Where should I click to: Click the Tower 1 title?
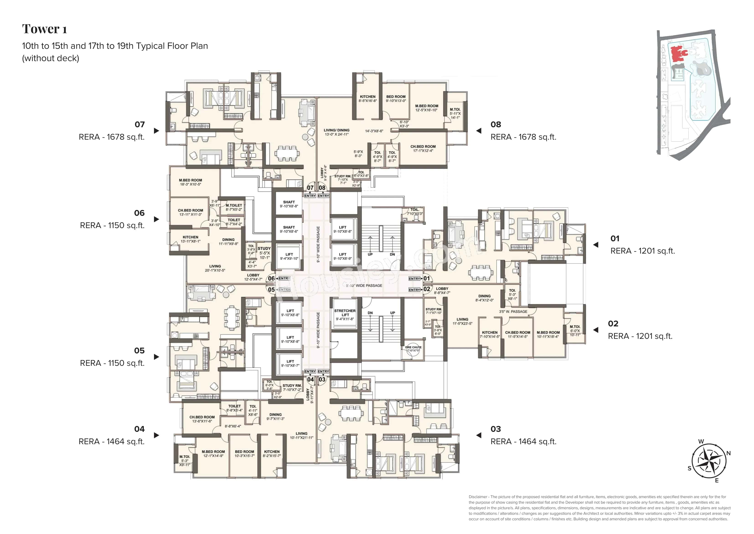coord(44,29)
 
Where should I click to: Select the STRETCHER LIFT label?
coord(345,315)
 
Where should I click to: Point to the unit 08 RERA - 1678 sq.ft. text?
coord(523,137)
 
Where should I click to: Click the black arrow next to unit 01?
coord(595,245)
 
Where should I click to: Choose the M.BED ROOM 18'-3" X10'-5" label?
coord(190,182)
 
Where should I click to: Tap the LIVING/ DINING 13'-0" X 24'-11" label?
coord(336,132)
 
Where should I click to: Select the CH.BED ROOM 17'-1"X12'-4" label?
coord(423,149)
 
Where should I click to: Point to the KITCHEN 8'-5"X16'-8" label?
coord(367,99)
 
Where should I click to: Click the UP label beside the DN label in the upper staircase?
coord(370,254)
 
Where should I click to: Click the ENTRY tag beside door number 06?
coord(284,279)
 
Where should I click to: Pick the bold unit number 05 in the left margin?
coord(139,351)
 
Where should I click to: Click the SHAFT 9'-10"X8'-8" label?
coord(289,204)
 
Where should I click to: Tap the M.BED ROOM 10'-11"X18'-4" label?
coord(548,334)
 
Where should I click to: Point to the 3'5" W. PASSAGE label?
coord(513,311)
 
